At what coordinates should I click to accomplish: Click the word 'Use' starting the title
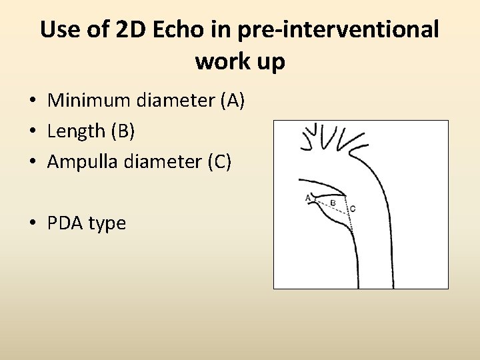[59, 30]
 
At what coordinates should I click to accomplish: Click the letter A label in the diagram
[307, 197]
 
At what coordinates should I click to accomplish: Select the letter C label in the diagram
[352, 209]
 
